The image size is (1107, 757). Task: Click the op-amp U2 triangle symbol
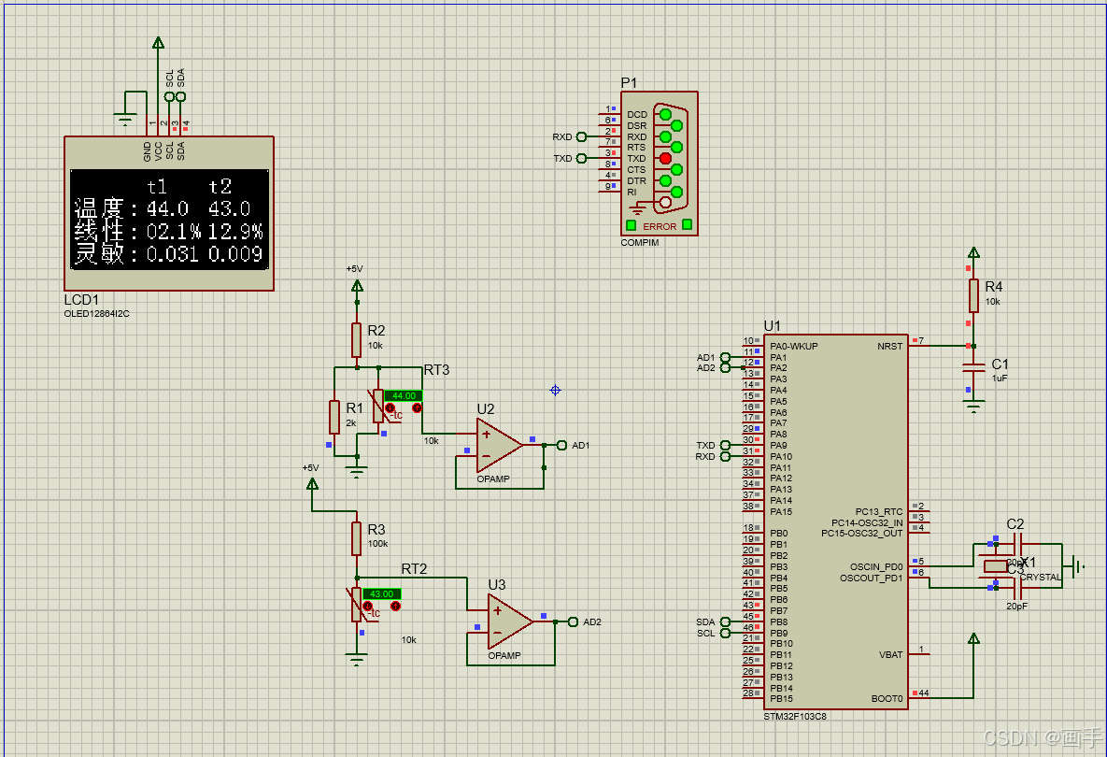pyautogui.click(x=498, y=444)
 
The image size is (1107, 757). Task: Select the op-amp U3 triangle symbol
pyautogui.click(x=509, y=622)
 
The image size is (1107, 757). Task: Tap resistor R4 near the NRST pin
pyautogui.click(x=973, y=295)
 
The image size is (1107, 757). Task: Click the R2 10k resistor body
pyautogui.click(x=356, y=340)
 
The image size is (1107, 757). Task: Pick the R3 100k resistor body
pyautogui.click(x=356, y=538)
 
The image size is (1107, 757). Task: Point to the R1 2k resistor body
pyautogui.click(x=334, y=416)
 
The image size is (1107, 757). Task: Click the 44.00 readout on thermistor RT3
pyautogui.click(x=403, y=395)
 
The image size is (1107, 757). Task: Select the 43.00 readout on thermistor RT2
pyautogui.click(x=381, y=594)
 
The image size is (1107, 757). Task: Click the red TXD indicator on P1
pyautogui.click(x=665, y=158)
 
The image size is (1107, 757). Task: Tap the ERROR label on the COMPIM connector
pyautogui.click(x=660, y=226)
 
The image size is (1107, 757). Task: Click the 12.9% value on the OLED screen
pyautogui.click(x=235, y=231)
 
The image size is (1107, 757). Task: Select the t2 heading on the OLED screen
pyautogui.click(x=220, y=187)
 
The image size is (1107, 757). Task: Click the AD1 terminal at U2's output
pyautogui.click(x=561, y=445)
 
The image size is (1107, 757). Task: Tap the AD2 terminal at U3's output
pyautogui.click(x=573, y=621)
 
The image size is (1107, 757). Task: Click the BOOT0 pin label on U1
pyautogui.click(x=887, y=698)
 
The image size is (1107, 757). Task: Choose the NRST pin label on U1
pyautogui.click(x=889, y=346)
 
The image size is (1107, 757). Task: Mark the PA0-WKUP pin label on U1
pyautogui.click(x=794, y=346)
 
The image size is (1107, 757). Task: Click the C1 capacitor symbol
pyautogui.click(x=973, y=367)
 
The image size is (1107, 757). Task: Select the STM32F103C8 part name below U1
pyautogui.click(x=795, y=716)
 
